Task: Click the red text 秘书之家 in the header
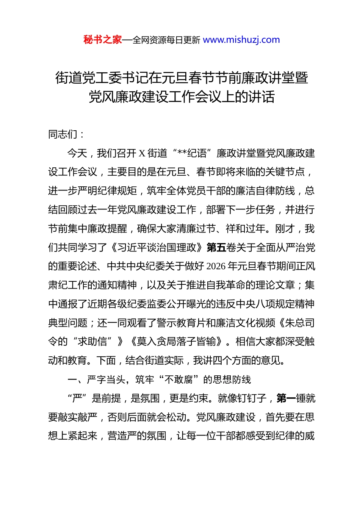[103, 40]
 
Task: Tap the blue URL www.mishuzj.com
[241, 40]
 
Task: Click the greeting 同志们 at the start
[63, 134]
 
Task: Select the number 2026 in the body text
[216, 266]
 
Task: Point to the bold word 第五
[216, 247]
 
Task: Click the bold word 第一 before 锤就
[286, 398]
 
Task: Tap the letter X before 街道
[142, 153]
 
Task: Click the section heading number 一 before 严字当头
[72, 379]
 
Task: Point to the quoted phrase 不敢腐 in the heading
[182, 379]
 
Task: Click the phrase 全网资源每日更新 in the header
[166, 40]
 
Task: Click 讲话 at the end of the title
[261, 97]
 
